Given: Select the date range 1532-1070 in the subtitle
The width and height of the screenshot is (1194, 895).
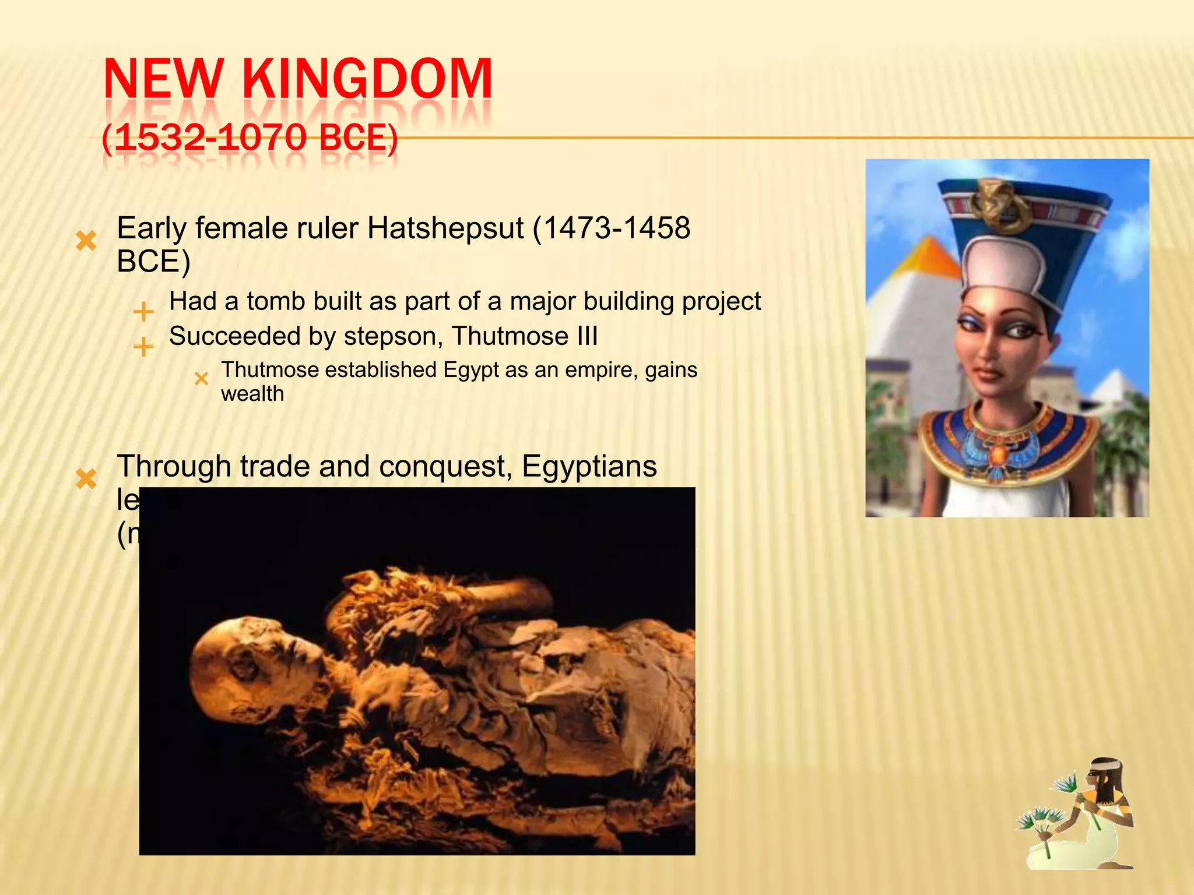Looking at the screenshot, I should point(210,139).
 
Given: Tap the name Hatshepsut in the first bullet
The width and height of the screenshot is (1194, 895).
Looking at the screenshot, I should point(445,228).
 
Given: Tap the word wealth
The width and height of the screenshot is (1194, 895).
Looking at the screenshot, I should point(252,394).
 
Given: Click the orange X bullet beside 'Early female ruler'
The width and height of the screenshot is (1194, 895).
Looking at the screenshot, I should point(86,241).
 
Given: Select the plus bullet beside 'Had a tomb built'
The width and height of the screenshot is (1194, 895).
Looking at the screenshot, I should point(143,312).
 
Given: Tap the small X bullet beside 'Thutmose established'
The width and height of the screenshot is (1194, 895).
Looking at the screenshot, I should point(201,379).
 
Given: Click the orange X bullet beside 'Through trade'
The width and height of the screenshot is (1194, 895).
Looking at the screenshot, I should point(86,479).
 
